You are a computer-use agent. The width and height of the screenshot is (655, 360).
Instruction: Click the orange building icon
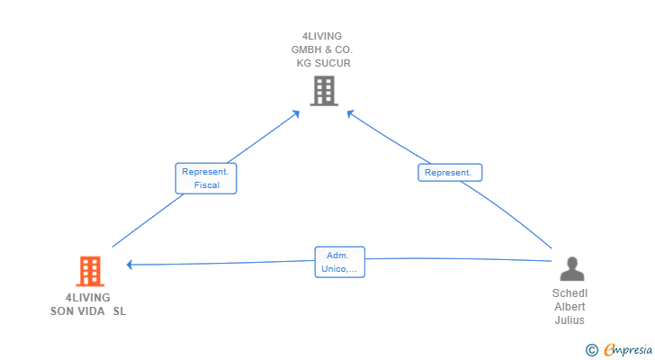point(90,271)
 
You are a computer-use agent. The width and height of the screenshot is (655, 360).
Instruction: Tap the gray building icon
point(324,91)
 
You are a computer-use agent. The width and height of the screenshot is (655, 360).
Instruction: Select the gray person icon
point(572,268)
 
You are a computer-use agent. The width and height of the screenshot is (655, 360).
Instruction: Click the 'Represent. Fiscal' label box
point(206,178)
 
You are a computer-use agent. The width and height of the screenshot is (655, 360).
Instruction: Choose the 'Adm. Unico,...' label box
point(339,262)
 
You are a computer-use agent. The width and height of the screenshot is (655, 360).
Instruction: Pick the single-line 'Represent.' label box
point(450,173)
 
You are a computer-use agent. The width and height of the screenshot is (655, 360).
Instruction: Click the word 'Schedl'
point(570,293)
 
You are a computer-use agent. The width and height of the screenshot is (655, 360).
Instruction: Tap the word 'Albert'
point(570,307)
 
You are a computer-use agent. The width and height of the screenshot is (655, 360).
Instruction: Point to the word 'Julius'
point(570,320)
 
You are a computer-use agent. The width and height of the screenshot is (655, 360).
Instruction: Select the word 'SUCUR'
point(333,63)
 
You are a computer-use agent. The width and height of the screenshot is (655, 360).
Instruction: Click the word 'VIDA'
point(91,311)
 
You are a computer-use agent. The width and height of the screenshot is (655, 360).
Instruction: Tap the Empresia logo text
point(628,349)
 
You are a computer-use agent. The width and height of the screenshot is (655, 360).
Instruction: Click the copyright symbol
point(591,350)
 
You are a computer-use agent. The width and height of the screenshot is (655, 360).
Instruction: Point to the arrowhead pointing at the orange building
point(130,265)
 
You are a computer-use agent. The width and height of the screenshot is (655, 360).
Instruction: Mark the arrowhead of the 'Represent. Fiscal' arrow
point(296,113)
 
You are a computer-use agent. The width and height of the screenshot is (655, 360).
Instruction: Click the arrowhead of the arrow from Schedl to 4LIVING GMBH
point(351,113)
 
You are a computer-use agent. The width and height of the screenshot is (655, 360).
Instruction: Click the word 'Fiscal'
point(207,185)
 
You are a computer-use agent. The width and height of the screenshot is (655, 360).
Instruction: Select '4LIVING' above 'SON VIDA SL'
point(88,297)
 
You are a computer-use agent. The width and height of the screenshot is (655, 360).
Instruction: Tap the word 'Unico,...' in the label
point(339,269)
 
